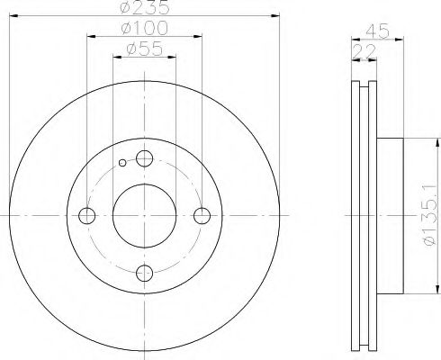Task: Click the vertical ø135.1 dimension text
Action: coord(430,215)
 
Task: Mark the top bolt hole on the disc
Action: coord(144,158)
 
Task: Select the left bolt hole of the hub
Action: coord(87,215)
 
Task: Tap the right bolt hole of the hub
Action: coord(202,215)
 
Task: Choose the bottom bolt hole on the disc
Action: coord(144,273)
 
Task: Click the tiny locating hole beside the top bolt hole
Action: coord(122,163)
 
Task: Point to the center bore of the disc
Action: coord(144,215)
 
